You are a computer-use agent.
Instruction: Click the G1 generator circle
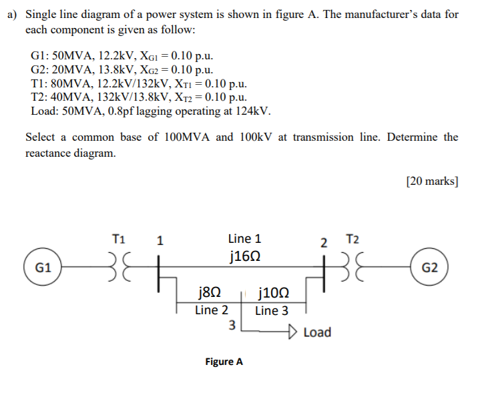coord(43,267)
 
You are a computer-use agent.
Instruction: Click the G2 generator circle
coord(431,268)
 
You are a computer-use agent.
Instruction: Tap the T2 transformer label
coord(352,239)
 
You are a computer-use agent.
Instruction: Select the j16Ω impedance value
coord(244,256)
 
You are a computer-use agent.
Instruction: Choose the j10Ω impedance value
coord(272,292)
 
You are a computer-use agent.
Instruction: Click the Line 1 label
coord(244,238)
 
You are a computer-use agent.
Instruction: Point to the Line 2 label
coord(212,310)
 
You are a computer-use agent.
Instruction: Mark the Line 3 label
coord(272,310)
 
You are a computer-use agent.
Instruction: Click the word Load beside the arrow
coord(317,332)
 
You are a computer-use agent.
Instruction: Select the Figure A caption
coord(224,362)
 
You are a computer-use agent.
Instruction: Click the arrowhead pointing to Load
coord(294,331)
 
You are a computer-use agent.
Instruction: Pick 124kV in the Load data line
coord(252,111)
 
